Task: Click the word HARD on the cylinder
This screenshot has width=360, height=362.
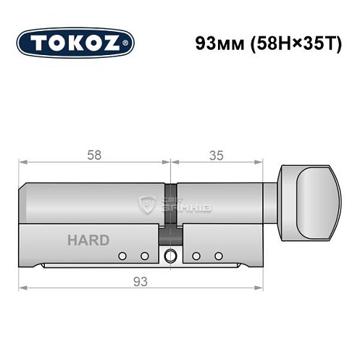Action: tap(89, 240)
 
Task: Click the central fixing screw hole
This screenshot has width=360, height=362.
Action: tap(170, 256)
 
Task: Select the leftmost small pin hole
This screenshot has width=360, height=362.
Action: tap(122, 256)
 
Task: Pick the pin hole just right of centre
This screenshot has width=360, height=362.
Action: tap(196, 256)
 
